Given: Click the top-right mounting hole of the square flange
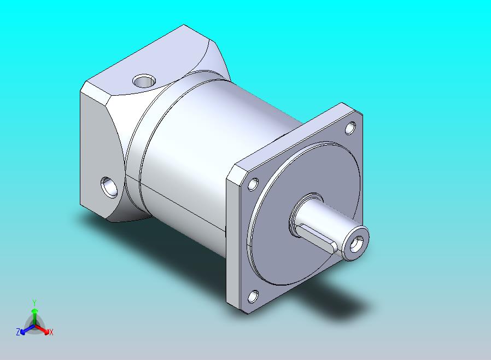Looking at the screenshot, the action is pos(350,128).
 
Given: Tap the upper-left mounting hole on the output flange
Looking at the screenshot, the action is pos(253,184).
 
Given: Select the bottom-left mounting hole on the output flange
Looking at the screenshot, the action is pos(253,297).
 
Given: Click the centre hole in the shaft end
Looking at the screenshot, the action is pos(356,244).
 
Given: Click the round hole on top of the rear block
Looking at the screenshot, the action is pos(144,81).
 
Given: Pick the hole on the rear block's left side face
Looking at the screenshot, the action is pos(109,187).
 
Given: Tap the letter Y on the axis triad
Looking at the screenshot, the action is pos(34,303).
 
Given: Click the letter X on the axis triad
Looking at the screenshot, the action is pos(51,332).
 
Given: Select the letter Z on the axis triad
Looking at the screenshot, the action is pos(18,332).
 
